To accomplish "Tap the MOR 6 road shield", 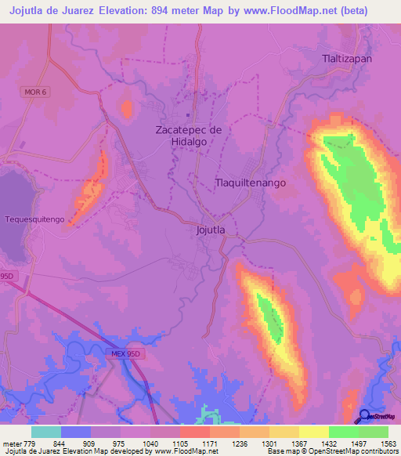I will [x=35, y=92].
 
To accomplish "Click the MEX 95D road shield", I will [x=124, y=354].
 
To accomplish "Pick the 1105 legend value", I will [x=179, y=443].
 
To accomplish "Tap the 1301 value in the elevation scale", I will [x=269, y=443].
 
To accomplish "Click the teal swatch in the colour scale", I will [x=46, y=432].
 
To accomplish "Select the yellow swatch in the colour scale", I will [x=313, y=432].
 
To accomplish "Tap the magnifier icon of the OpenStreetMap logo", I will [x=364, y=415].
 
